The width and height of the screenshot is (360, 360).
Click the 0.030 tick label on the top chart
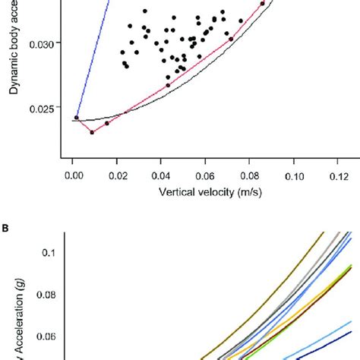pyautogui.click(x=40, y=43)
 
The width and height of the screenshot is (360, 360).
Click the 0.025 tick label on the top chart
pyautogui.click(x=40, y=108)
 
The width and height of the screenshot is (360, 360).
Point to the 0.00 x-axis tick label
pyautogui.click(x=73, y=175)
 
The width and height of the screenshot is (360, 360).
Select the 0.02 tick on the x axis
pyautogui.click(x=117, y=175)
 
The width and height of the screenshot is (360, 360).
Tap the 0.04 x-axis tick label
pyautogui.click(x=161, y=175)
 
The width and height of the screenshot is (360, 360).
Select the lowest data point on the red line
pyautogui.click(x=93, y=132)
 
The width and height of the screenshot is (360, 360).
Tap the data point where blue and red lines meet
pyautogui.click(x=77, y=118)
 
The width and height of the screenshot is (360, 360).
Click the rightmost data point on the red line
pyautogui.click(x=263, y=4)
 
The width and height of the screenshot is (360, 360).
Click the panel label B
pyautogui.click(x=5, y=226)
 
